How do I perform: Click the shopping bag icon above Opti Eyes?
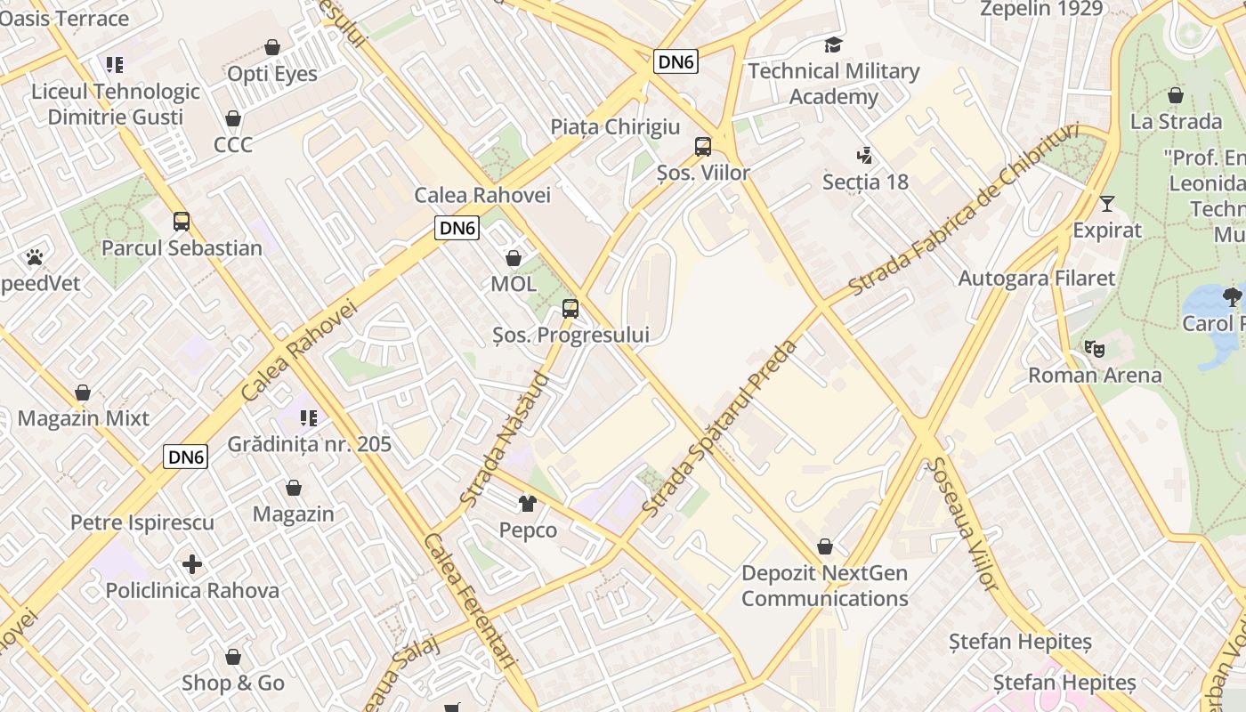click(x=272, y=47)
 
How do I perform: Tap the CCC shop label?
click(x=233, y=144)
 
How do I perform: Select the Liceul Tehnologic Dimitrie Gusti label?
click(x=116, y=104)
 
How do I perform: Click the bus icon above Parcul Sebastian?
click(x=182, y=221)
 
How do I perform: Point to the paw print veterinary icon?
click(x=35, y=257)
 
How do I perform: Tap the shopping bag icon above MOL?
click(x=514, y=258)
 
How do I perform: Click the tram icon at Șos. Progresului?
click(x=570, y=309)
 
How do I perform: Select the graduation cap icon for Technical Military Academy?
click(x=833, y=44)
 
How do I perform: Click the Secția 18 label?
click(x=865, y=182)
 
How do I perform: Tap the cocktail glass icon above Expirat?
click(x=1106, y=204)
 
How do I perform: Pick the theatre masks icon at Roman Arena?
click(x=1094, y=348)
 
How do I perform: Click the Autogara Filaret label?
click(x=1036, y=279)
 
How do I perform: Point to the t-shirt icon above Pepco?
click(x=528, y=504)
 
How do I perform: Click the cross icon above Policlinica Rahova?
click(x=192, y=564)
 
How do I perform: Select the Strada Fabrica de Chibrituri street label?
click(x=964, y=209)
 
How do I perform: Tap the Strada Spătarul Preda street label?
click(x=721, y=429)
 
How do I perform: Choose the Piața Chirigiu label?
click(x=615, y=127)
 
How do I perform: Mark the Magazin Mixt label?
click(x=84, y=418)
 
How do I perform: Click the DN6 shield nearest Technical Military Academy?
click(x=676, y=61)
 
